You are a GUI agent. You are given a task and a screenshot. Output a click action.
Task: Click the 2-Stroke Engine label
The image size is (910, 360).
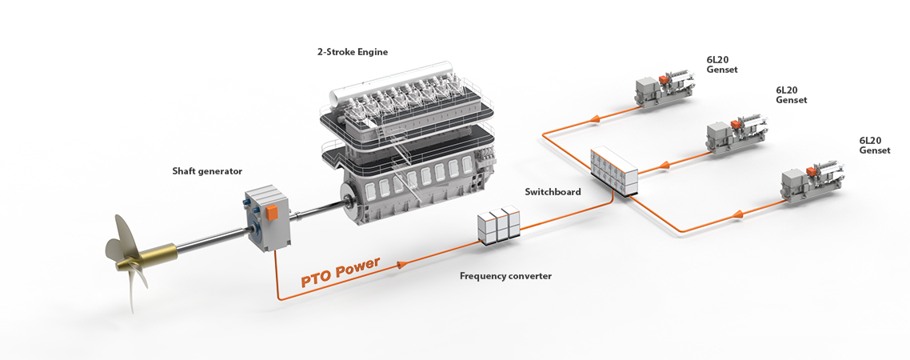click(353, 52)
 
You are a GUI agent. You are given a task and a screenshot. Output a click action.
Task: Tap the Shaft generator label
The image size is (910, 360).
click(207, 170)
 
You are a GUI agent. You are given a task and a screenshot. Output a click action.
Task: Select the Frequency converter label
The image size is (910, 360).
click(505, 276)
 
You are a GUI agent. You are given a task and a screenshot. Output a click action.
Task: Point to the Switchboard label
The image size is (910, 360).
click(553, 192)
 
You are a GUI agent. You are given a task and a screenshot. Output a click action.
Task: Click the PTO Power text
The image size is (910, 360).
click(341, 272)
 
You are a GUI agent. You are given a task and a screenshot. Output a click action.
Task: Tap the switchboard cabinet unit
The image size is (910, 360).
click(614, 170)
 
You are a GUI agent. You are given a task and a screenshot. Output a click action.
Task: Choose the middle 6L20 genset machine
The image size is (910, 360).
click(736, 134)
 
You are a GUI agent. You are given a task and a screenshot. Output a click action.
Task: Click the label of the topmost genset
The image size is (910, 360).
click(722, 65)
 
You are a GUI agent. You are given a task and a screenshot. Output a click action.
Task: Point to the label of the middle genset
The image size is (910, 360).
click(791, 95)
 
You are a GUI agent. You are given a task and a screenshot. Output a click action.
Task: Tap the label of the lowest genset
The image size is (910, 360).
click(874, 145)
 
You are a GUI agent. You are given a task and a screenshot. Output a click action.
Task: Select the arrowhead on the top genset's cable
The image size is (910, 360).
click(593, 119)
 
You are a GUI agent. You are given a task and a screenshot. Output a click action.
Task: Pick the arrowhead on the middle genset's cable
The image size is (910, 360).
click(664, 167)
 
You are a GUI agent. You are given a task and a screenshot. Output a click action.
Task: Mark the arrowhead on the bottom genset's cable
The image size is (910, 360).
click(739, 214)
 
